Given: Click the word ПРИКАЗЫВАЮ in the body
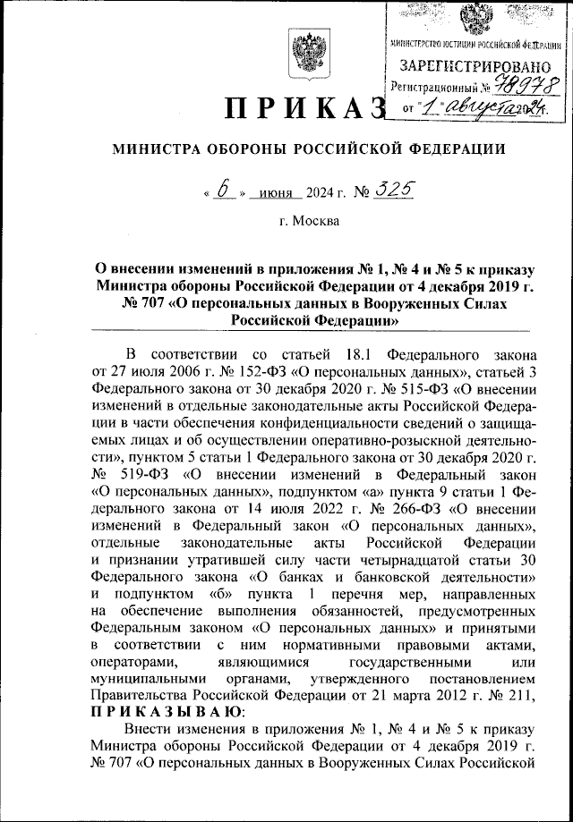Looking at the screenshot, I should pos(167,711).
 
